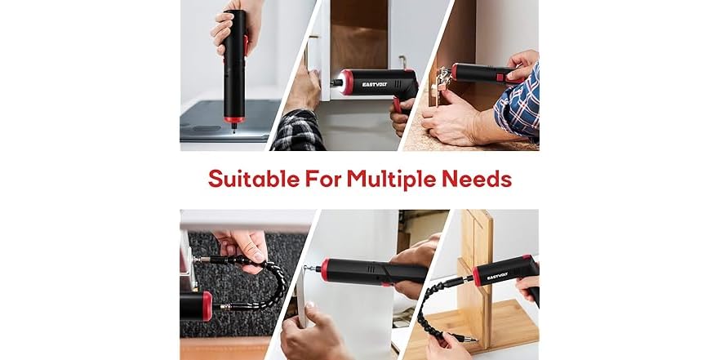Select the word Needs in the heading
tap(483, 178)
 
